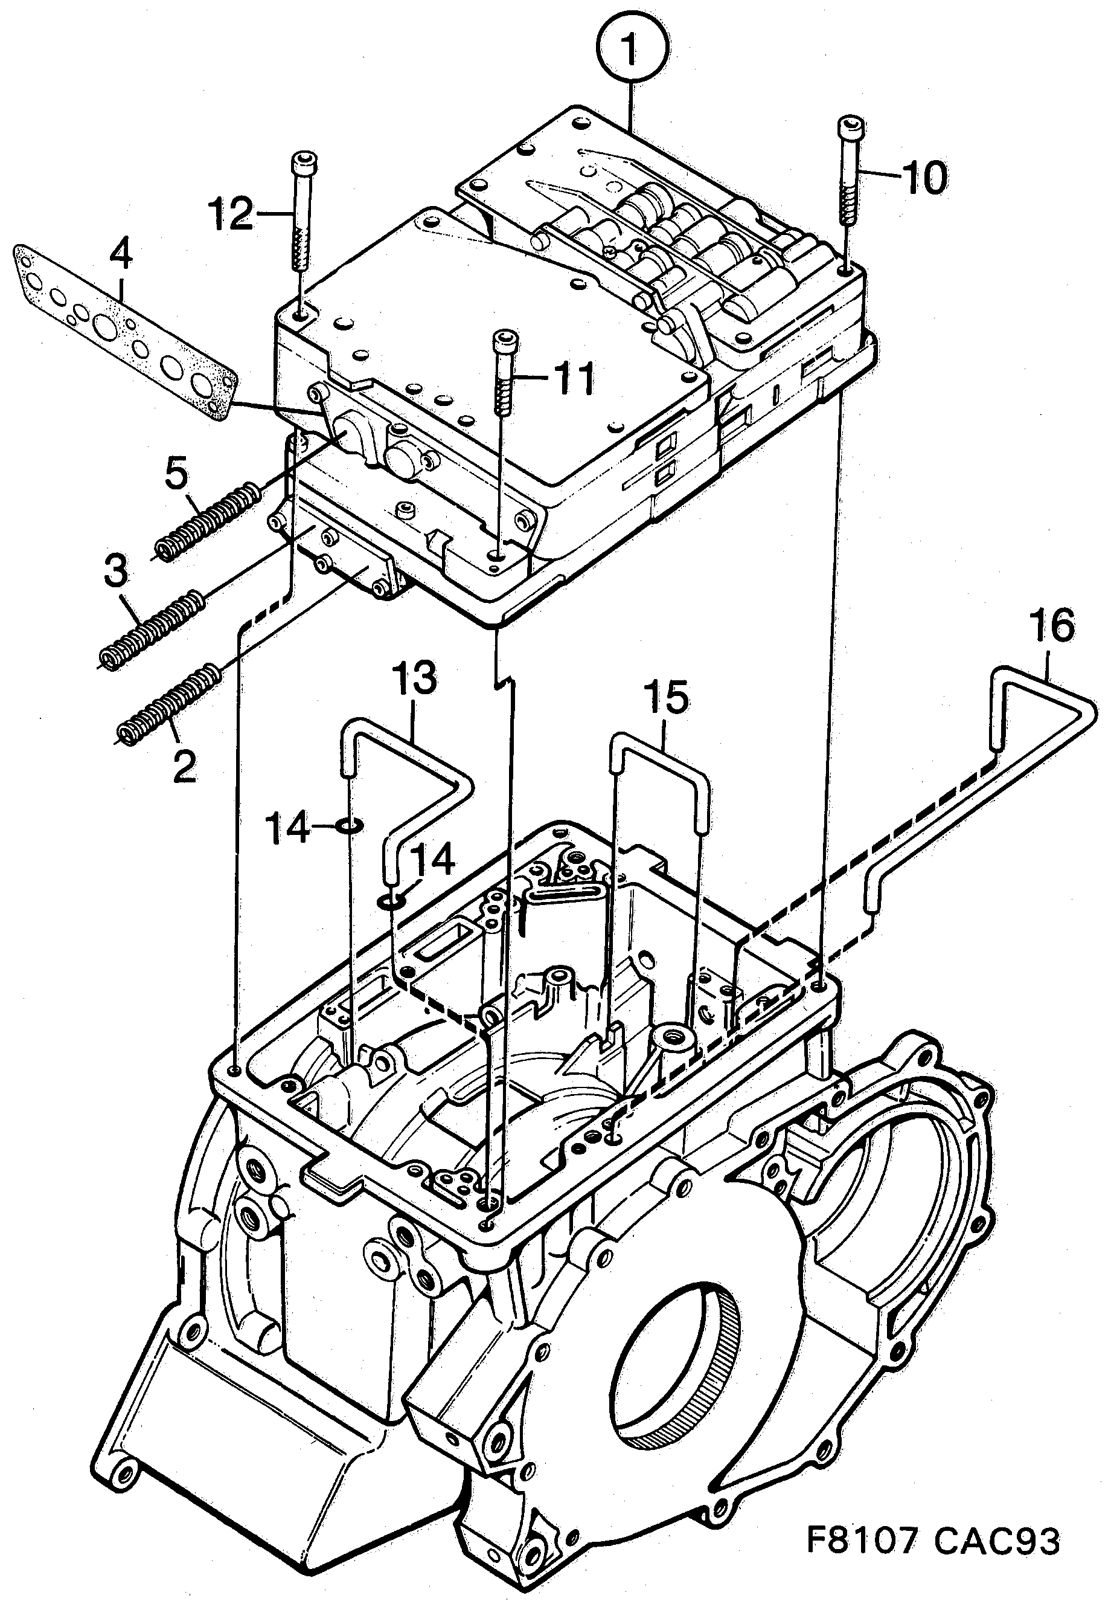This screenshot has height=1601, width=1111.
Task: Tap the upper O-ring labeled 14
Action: click(x=350, y=826)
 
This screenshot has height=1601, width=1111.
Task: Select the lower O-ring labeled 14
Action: click(x=392, y=903)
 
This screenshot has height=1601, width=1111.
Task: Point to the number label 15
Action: click(x=665, y=697)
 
